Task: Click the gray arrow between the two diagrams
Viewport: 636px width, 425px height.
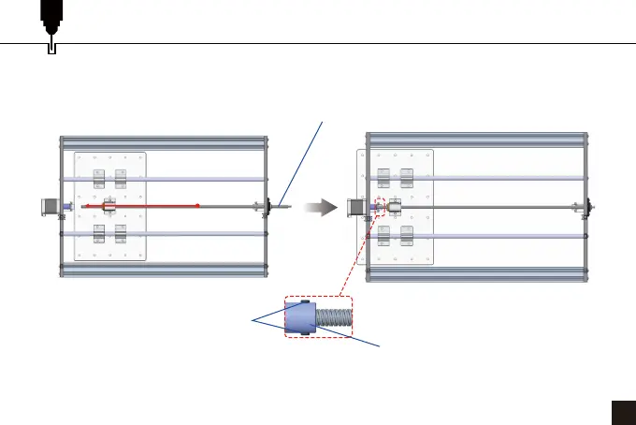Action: tap(321, 206)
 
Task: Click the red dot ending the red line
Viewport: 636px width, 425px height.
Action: tap(198, 205)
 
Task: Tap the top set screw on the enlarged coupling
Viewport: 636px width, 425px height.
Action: tap(305, 301)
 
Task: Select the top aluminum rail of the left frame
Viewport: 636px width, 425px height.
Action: tap(164, 142)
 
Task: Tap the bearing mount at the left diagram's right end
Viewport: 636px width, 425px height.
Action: tap(267, 206)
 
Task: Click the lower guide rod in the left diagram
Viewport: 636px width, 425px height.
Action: tap(164, 235)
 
